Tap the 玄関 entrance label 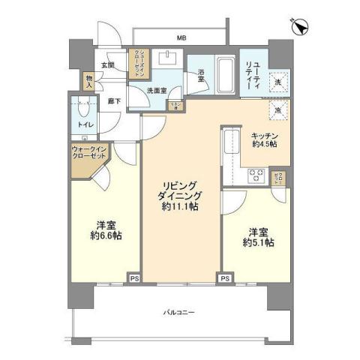[x=108, y=65]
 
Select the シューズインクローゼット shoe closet [x=137, y=65]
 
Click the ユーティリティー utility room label [x=251, y=73]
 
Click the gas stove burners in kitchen [x=256, y=177]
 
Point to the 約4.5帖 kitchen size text [x=263, y=143]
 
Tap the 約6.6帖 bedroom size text [x=105, y=235]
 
